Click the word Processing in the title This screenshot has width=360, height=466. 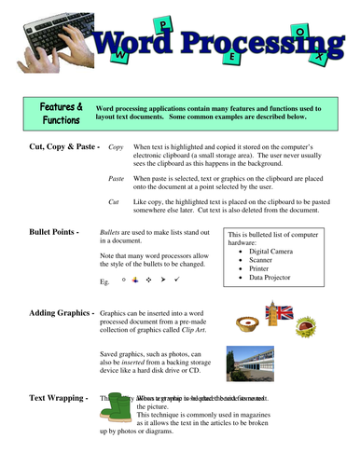254,41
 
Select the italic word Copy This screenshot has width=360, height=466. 117,148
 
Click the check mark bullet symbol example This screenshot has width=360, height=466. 175,279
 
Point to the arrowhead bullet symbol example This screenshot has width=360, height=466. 161,279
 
